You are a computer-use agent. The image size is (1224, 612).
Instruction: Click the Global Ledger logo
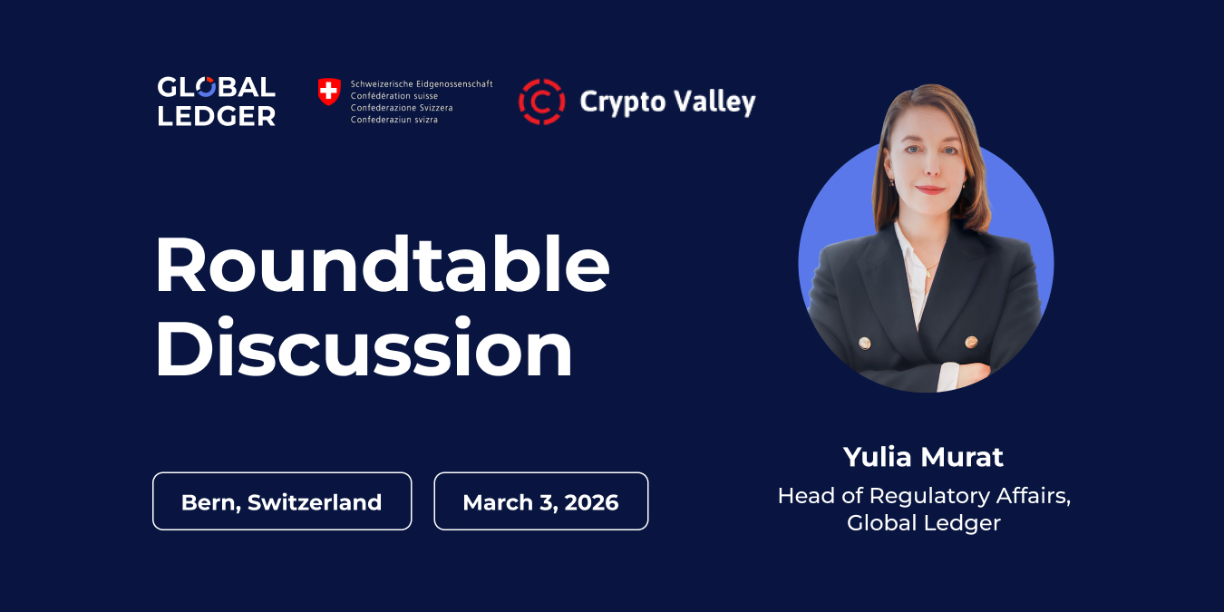point(216,101)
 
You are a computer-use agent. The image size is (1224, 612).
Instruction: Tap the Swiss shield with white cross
point(329,91)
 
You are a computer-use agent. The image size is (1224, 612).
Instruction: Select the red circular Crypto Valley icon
point(541,101)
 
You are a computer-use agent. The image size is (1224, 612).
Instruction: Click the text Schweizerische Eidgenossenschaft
point(422,83)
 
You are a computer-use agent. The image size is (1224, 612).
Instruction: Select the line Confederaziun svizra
point(393,120)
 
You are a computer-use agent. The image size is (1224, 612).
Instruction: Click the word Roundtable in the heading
point(382,265)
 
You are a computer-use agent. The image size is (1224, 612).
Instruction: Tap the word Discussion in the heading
point(364,350)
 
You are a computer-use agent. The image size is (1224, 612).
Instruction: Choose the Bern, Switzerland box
point(282,501)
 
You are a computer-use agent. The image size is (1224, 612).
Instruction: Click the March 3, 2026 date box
point(540,501)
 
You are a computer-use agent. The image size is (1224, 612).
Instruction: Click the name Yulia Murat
point(923,456)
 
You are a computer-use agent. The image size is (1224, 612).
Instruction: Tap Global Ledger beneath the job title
point(923,523)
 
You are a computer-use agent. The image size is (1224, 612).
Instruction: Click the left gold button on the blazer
point(864,343)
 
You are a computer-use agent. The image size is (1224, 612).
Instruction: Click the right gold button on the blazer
point(971,342)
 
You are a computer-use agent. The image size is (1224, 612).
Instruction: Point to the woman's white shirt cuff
point(947,374)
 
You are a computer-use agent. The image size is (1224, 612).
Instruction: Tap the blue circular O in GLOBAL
point(206,88)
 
